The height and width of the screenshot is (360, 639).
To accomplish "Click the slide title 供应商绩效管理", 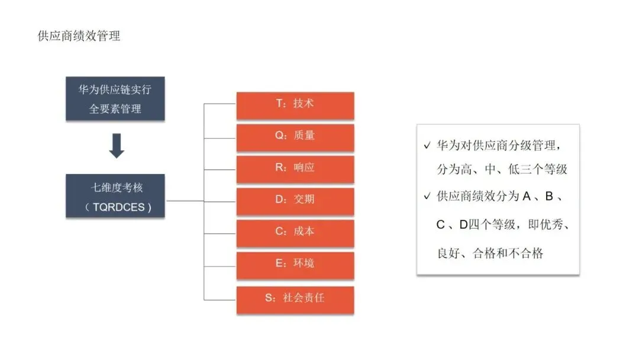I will [79, 36].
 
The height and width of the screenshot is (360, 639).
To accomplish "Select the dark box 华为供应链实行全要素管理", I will [115, 99].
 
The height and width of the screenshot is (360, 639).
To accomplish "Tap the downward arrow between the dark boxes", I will [117, 146].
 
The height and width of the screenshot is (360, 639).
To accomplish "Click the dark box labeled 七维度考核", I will [115, 196].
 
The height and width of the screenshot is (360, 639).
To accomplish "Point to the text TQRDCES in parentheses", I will [118, 207].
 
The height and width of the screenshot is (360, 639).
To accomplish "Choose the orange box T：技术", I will [295, 104].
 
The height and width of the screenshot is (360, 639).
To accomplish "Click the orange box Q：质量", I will [295, 136].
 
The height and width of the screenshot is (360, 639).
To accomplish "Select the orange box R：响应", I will [295, 168].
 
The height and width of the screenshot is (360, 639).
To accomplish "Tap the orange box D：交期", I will [295, 200].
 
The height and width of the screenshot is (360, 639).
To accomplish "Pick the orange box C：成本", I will [295, 232].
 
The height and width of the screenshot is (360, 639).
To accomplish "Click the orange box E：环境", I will [295, 264].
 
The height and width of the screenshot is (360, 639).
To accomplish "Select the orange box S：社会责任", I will [295, 298].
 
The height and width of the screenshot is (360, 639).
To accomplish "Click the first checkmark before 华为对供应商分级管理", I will [427, 146].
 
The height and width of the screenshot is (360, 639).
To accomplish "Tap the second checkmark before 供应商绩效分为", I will [427, 197].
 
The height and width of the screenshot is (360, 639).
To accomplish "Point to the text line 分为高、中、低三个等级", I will [502, 169].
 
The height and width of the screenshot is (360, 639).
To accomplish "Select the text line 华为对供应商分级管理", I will [497, 145].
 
